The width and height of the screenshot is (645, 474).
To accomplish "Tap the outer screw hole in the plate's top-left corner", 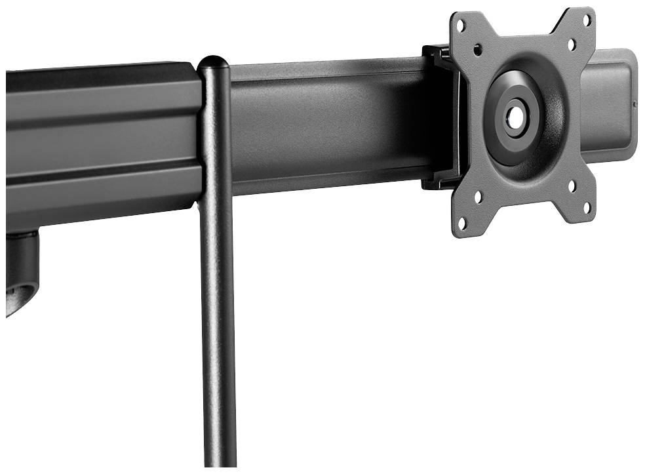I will [461, 26].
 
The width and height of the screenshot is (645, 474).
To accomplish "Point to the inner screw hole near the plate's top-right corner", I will [572, 44].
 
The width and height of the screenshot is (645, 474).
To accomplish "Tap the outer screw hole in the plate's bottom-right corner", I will [586, 210].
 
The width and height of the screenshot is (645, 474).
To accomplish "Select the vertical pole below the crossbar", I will [218, 328].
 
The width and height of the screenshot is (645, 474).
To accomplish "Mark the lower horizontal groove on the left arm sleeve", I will [98, 172].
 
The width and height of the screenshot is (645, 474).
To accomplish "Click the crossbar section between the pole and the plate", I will [328, 125].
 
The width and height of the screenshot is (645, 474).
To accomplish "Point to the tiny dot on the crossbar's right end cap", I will [635, 103].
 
